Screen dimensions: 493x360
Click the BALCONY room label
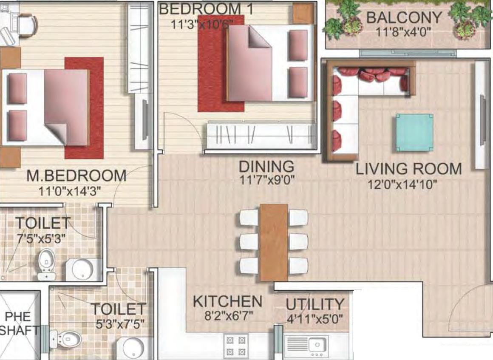coord(404,17)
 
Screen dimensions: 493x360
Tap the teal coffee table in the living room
coord(414,133)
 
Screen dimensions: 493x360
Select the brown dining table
coord(274,242)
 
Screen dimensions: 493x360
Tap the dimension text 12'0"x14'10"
coord(402,184)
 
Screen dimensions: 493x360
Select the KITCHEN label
coord(227,301)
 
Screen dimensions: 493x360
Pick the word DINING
coord(266,167)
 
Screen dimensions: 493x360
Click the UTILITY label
coord(315,304)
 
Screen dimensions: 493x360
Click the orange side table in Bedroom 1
coord(303,13)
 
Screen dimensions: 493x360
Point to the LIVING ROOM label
coord(409,169)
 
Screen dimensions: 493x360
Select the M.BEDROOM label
coord(76,176)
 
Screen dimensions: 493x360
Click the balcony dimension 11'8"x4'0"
coord(403,32)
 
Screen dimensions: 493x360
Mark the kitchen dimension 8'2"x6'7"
coord(229,315)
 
